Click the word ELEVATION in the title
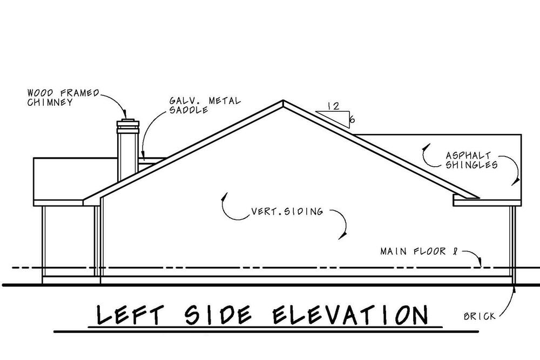coord(350,315)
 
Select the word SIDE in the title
coord(218,315)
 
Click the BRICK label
coord(480,316)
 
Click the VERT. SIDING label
coord(287,211)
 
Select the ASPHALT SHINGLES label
coord(471,160)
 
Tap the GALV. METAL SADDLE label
coord(205,105)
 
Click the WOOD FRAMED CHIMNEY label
coord(63,97)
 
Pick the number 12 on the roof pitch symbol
coord(333,106)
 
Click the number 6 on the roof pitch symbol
coord(352,120)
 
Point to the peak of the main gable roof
coord(283,100)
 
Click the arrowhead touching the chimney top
coord(125,114)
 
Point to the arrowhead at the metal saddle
coord(143,156)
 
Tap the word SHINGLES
coord(471,165)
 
